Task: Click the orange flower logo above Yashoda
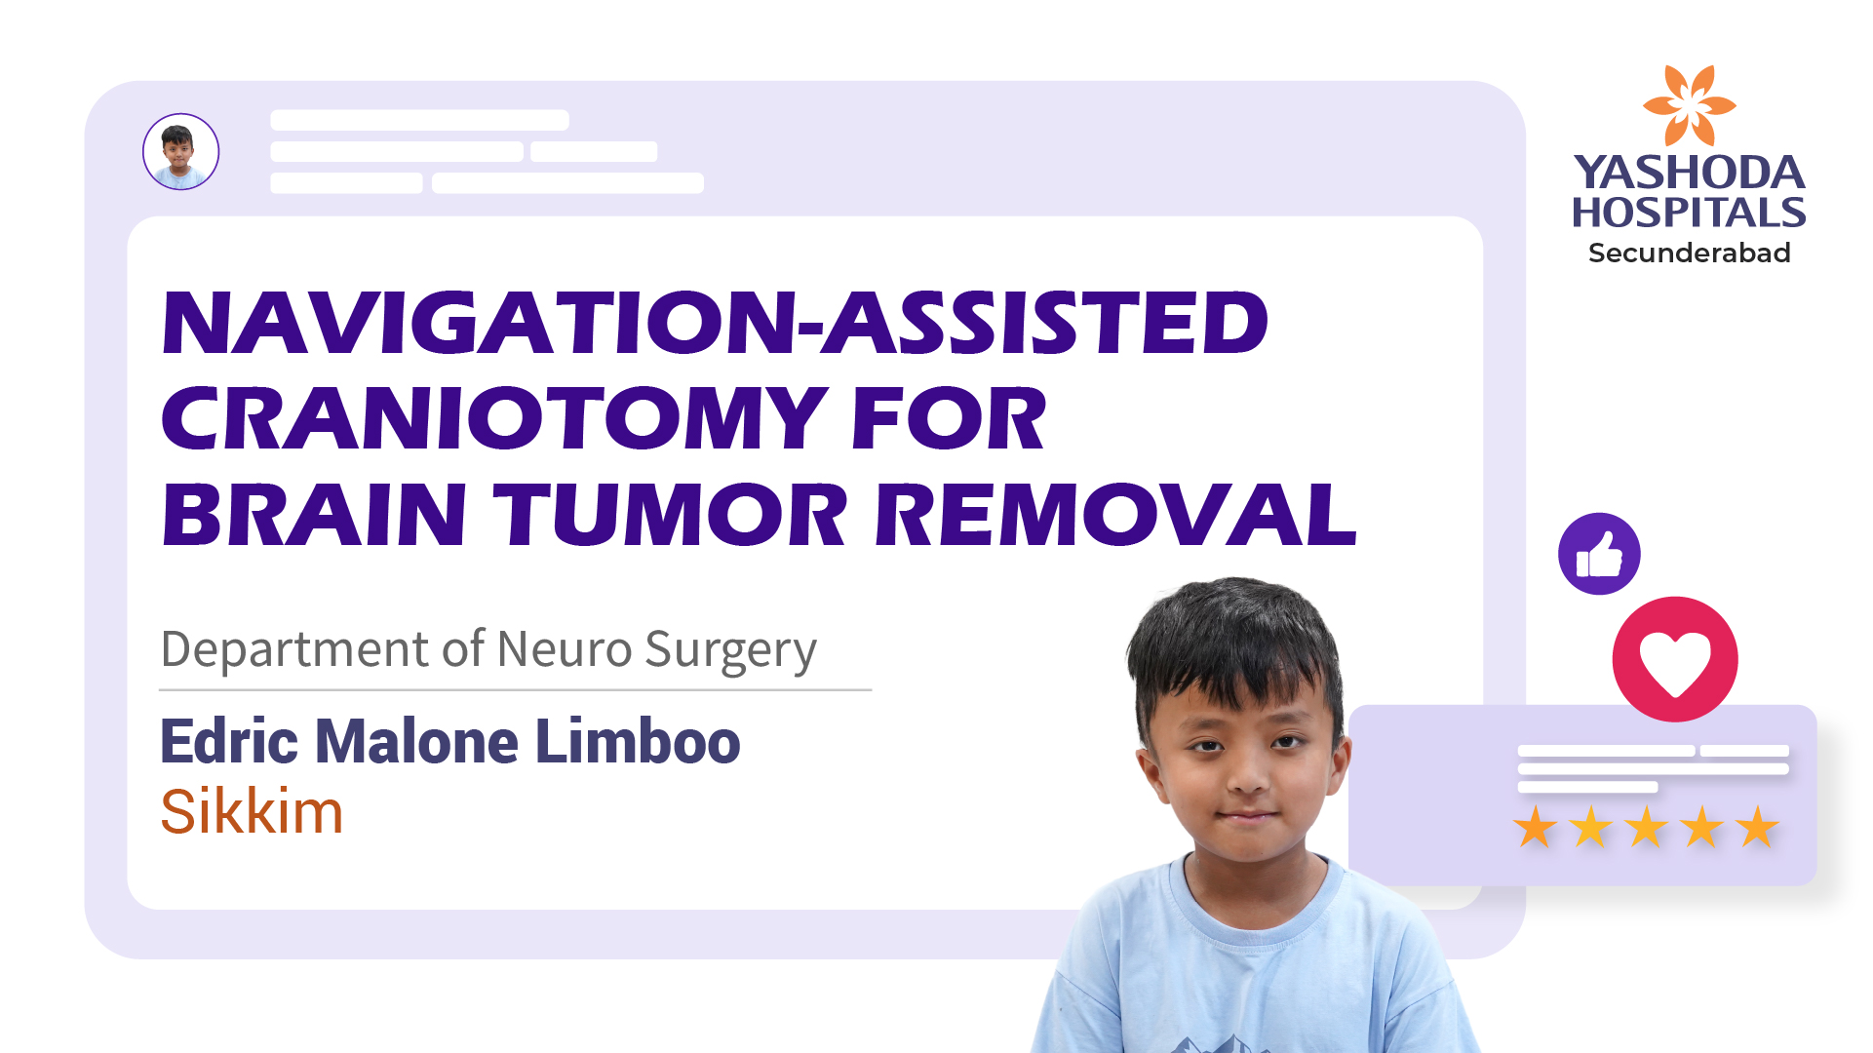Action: click(x=1689, y=105)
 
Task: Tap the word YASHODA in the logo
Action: click(x=1689, y=173)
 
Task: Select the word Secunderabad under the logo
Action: click(x=1689, y=253)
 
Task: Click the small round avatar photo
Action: click(x=181, y=151)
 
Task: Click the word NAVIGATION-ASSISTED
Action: click(x=715, y=322)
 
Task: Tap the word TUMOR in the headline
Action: click(x=671, y=514)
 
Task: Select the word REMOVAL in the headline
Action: click(x=1115, y=514)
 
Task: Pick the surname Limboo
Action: click(x=638, y=741)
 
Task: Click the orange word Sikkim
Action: click(x=252, y=811)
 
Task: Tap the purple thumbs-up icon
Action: click(x=1599, y=554)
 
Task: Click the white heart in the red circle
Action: click(x=1675, y=661)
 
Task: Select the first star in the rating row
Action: click(x=1536, y=827)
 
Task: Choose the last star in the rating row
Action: click(x=1758, y=827)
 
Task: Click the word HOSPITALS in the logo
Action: click(x=1689, y=213)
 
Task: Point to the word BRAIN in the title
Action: click(x=314, y=514)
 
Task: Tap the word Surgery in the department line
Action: click(x=730, y=651)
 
